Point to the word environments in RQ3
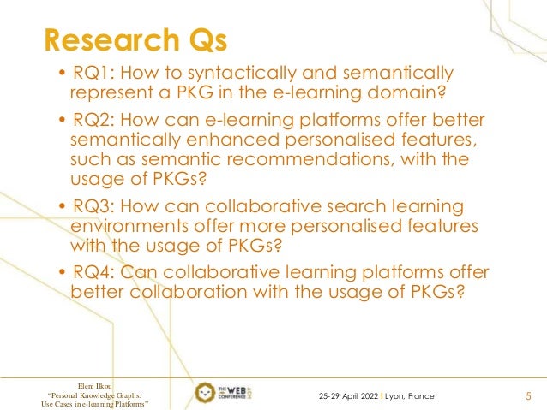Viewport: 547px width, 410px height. [127, 227]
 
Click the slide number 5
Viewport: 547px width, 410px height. [527, 396]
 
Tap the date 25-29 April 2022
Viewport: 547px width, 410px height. [348, 396]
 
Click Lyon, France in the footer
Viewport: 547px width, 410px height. [410, 396]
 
